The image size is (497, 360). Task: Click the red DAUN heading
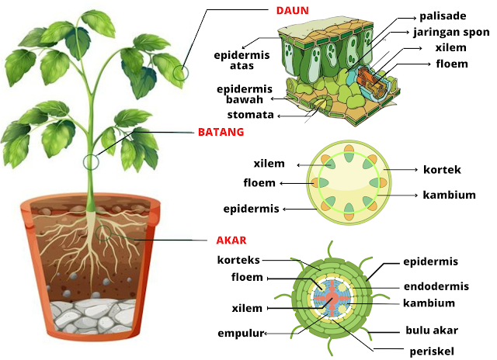coord(293,11)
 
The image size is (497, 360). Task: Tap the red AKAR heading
coord(232,241)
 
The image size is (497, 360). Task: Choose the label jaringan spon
coord(450,32)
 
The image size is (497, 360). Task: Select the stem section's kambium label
coord(449,195)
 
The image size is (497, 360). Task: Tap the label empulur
coord(241,334)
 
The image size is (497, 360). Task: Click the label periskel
coord(432,351)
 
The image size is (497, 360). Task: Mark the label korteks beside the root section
coord(239,259)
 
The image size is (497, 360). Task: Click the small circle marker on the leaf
coord(182,74)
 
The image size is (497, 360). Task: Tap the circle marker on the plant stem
coord(92,163)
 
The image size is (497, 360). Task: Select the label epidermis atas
coord(242,60)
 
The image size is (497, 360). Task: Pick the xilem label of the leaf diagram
coord(452,48)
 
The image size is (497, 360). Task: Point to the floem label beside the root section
coord(247,278)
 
